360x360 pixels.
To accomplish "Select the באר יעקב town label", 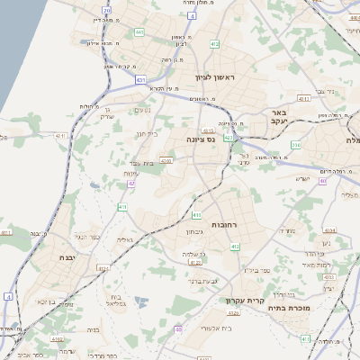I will pos(277,118).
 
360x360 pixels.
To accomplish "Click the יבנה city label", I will pos(65,257).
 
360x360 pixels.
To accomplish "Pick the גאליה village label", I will pos(124,239).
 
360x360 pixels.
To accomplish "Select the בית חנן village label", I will pos(146,134).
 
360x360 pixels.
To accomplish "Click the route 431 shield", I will pos(141,80).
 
